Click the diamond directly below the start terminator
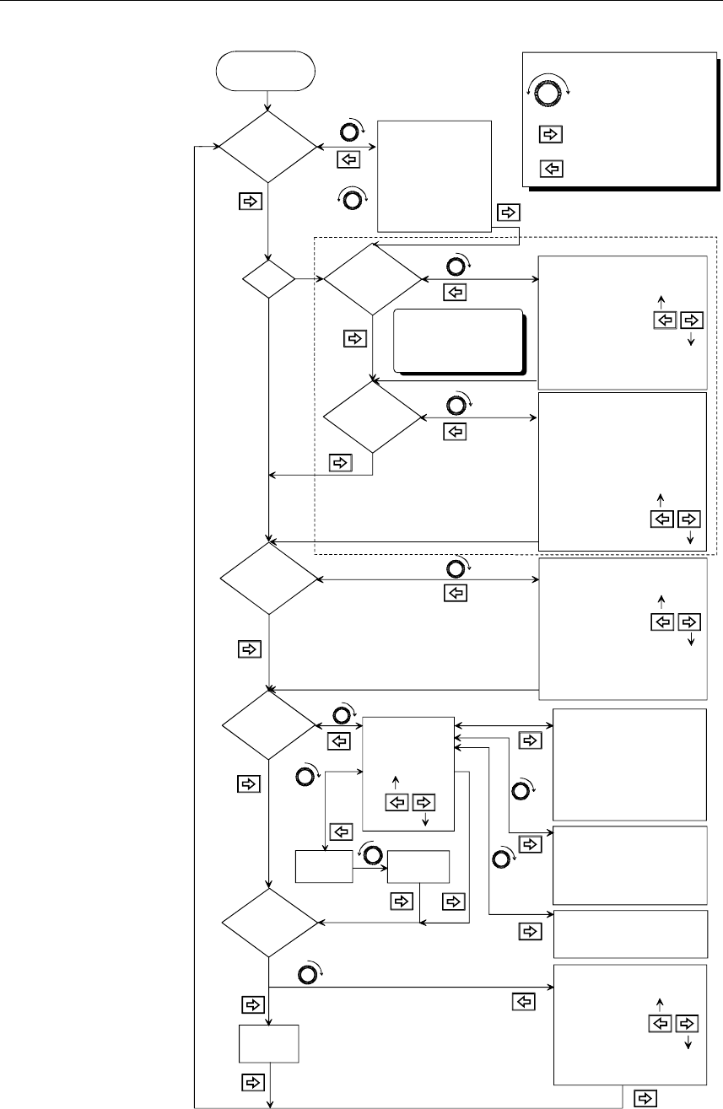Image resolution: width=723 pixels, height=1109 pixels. pos(267,147)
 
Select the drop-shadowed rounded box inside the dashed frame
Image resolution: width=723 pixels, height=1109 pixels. pos(457,340)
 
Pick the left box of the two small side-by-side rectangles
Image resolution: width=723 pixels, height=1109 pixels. pos(323,866)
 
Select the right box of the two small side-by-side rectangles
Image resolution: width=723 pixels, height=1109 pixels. pos(418,866)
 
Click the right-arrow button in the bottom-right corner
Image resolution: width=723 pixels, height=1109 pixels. pos(645,1097)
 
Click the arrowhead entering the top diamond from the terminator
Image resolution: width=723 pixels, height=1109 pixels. pos(267,107)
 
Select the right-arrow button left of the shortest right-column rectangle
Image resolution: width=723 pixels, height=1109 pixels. pos(529,931)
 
